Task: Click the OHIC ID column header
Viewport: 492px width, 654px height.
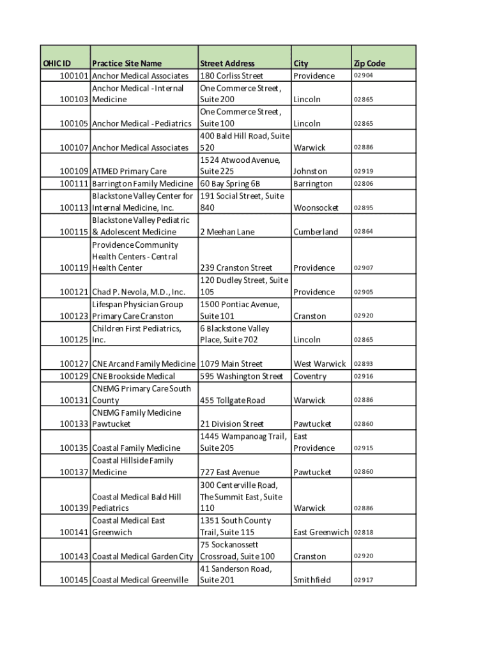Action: coord(57,63)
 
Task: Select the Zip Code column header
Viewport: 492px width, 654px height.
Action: coord(369,63)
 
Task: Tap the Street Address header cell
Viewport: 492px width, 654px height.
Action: coord(227,63)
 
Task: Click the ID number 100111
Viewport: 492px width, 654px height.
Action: coord(74,184)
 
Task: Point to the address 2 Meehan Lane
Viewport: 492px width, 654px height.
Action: coord(227,232)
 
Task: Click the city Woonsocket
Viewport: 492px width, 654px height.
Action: coord(316,208)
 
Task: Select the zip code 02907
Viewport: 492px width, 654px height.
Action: coord(364,268)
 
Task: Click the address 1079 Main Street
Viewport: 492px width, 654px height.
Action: coord(231,364)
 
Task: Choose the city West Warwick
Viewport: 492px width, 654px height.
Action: coord(319,364)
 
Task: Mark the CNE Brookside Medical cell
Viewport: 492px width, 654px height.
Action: coord(134,376)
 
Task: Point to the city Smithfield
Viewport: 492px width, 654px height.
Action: coord(312,580)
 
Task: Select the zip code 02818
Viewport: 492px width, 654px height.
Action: coord(364,533)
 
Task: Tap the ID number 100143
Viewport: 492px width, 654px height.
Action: coord(74,556)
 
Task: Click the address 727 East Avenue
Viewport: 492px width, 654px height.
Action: coord(230,473)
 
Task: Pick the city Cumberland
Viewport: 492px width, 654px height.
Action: coord(316,232)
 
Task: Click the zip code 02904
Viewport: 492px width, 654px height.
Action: coord(364,76)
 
